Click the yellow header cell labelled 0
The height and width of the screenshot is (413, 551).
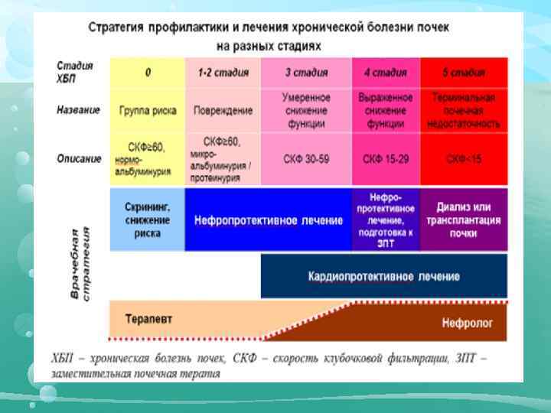click(148, 73)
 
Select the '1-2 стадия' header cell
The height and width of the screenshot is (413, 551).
click(223, 73)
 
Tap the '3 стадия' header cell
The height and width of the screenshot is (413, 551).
click(306, 73)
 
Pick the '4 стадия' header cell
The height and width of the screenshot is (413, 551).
click(385, 73)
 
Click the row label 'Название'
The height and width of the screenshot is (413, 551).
click(79, 109)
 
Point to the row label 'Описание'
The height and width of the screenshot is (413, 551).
click(79, 159)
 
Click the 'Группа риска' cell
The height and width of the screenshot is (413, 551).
click(148, 110)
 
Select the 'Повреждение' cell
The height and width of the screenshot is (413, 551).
click(223, 110)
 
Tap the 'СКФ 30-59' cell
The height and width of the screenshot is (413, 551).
click(306, 159)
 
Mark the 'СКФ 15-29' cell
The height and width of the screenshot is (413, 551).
click(385, 159)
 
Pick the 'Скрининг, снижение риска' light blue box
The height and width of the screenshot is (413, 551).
click(148, 220)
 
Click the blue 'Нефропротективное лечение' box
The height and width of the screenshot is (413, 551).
click(268, 220)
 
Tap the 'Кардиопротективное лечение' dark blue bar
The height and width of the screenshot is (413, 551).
click(383, 276)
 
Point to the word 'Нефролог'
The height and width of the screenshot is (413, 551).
click(467, 324)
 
